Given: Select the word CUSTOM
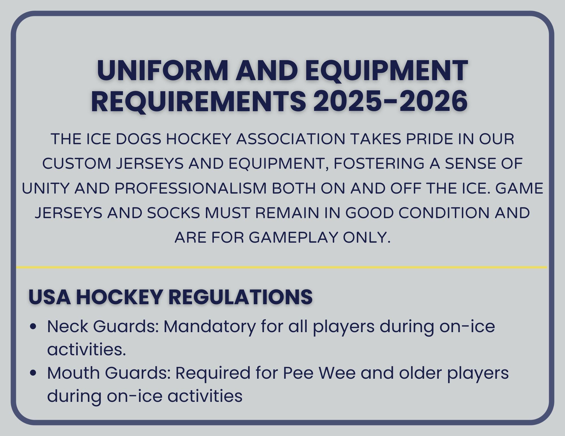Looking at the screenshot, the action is (x=77, y=164).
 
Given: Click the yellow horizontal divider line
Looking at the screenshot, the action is (x=281, y=267).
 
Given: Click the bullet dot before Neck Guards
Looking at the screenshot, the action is (x=33, y=327).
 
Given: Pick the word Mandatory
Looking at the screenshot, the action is (x=209, y=327).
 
